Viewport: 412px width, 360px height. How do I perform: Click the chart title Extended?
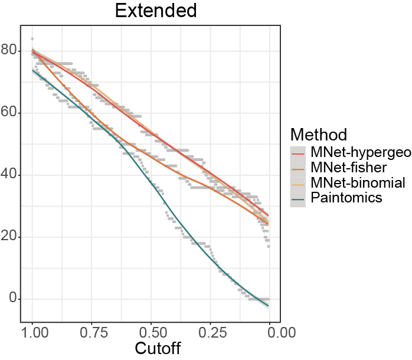tap(156, 11)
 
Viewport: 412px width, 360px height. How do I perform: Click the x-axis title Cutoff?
tap(158, 348)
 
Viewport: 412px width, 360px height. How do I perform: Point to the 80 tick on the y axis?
tap(10, 51)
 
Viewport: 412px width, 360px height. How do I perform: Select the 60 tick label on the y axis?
tap(10, 113)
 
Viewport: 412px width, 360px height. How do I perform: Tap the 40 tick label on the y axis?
tap(10, 175)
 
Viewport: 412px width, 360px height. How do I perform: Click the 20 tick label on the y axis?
tap(10, 237)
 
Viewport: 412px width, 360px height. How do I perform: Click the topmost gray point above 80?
tap(32, 38)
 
